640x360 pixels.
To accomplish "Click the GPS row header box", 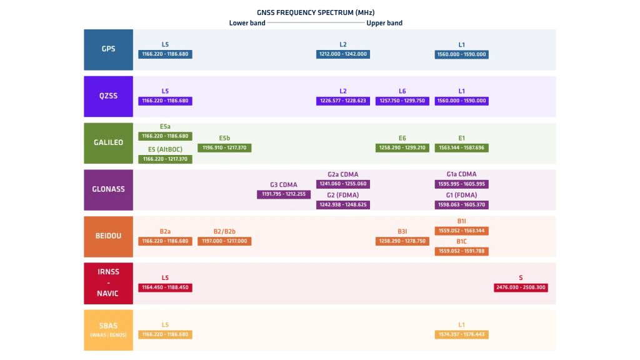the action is [108, 49].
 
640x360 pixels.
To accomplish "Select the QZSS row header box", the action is [108, 96].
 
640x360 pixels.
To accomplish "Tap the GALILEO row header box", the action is [108, 143].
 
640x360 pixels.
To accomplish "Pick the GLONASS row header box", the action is [108, 190].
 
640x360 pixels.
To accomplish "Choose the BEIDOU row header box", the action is [108, 236].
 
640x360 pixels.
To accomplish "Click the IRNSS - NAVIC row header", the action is [108, 283].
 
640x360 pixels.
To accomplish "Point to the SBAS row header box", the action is [108, 330].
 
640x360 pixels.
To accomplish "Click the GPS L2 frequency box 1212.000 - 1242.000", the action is [343, 54].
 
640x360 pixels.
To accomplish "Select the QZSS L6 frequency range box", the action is [402, 101].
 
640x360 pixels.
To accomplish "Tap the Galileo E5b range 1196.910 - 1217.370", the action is [224, 147].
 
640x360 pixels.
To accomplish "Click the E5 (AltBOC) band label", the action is [165, 149].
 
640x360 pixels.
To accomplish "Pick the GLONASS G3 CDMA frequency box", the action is [284, 194].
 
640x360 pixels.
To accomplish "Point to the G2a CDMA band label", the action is [343, 174].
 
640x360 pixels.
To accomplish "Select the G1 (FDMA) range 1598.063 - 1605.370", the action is [462, 205].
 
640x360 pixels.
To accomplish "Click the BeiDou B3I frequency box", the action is [402, 241].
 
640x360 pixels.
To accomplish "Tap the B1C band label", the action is [462, 242].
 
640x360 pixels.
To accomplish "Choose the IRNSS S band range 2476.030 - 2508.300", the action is [521, 287].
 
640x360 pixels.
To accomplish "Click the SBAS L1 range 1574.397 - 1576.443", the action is [462, 335].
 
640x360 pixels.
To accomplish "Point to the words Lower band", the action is [247, 23].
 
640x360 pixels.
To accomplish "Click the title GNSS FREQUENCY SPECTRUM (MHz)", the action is [316, 12].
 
